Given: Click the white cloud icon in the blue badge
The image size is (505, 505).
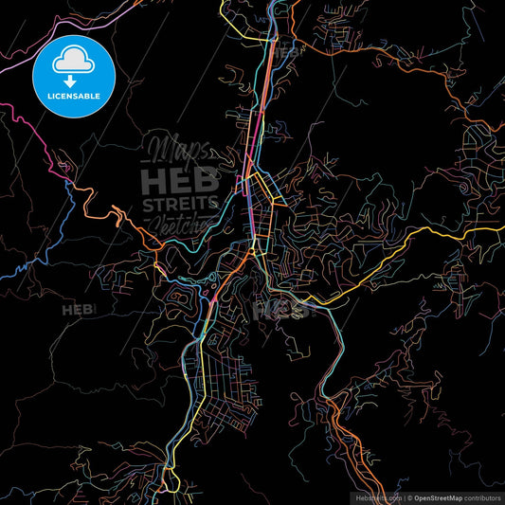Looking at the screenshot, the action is pyautogui.click(x=72, y=63).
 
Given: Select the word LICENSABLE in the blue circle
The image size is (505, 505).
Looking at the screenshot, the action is pyautogui.click(x=72, y=97).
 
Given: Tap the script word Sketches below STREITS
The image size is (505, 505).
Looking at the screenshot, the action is pyautogui.click(x=183, y=225).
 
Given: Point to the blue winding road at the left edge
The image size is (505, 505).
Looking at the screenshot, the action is pyautogui.click(x=19, y=265).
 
